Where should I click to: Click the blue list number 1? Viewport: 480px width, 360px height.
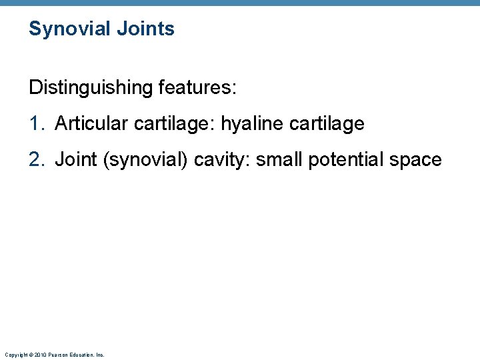(x=36, y=123)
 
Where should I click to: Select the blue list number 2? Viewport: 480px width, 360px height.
(x=36, y=160)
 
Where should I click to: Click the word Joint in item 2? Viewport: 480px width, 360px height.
(x=73, y=160)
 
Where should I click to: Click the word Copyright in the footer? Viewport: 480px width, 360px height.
(x=15, y=355)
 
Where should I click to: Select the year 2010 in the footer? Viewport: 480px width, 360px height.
(x=40, y=355)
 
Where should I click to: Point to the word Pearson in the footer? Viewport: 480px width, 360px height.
(x=58, y=355)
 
